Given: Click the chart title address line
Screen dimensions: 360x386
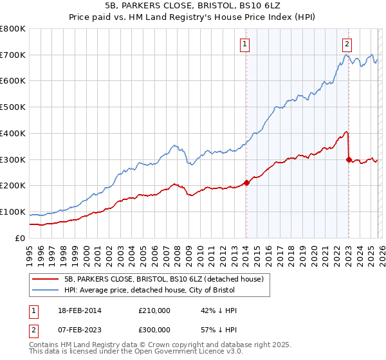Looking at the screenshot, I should (193, 5).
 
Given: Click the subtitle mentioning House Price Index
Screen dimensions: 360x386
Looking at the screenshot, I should (193, 16).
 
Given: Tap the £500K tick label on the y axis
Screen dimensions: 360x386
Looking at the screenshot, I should (13, 107).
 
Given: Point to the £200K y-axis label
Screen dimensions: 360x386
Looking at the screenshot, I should (13, 186).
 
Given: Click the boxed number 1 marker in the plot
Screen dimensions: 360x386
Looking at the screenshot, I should (246, 44).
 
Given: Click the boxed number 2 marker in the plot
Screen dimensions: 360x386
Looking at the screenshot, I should (347, 44).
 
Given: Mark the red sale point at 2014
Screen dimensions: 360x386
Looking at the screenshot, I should (246, 183).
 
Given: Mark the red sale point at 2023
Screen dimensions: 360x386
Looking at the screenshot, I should (349, 159).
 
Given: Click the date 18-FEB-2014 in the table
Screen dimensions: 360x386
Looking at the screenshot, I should (78, 310).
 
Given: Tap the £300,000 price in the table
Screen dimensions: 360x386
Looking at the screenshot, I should (154, 329).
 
